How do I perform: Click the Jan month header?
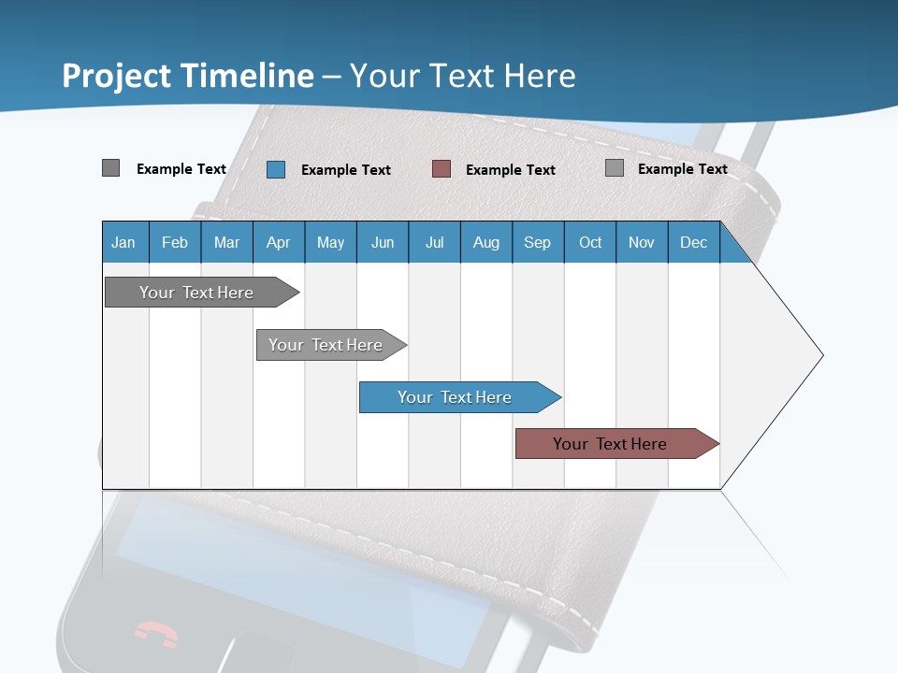[x=123, y=242]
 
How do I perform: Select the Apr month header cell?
[x=279, y=242]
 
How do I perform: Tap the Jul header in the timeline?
[x=434, y=242]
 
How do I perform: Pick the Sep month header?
[x=537, y=242]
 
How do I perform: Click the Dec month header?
[x=693, y=242]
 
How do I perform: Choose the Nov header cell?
[x=641, y=242]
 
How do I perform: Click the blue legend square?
[x=276, y=169]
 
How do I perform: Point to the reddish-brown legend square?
[x=442, y=168]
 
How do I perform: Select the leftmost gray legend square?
[x=110, y=168]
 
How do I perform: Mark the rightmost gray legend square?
[x=615, y=168]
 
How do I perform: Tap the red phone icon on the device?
[x=155, y=635]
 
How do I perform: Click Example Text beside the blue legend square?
[x=345, y=170]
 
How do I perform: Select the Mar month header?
[x=226, y=242]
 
